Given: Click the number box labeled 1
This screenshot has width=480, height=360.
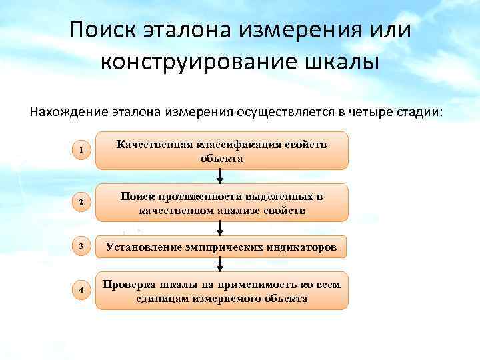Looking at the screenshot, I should point(81,151).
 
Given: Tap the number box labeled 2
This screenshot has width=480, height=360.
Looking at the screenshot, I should point(81,203).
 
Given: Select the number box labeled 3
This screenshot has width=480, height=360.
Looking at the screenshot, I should point(81,247).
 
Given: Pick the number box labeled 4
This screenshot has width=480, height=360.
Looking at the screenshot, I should point(81,291).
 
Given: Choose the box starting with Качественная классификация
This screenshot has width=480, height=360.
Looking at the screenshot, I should point(222,151).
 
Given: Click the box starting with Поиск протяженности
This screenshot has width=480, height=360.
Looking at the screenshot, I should point(222,203).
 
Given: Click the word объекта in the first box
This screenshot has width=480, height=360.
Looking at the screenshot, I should point(221,159).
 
